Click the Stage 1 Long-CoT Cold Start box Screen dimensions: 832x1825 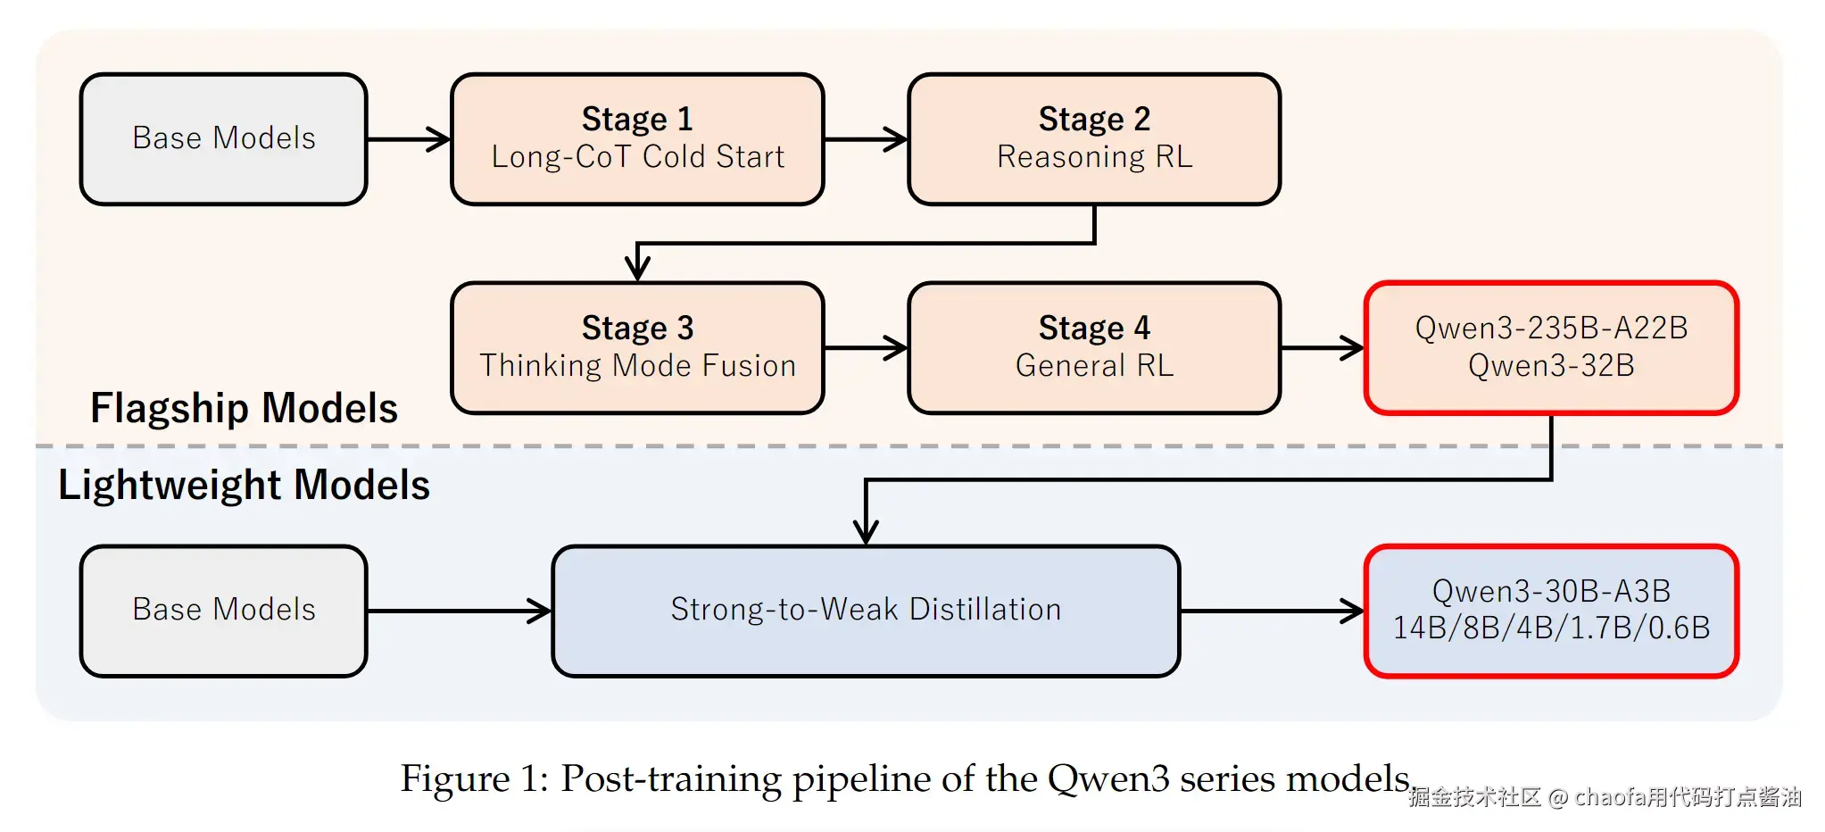[x=637, y=139]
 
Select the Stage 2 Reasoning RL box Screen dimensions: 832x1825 [x=1094, y=139]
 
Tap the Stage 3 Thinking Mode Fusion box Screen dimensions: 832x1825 [x=637, y=348]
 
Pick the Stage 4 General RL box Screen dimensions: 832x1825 [x=1094, y=348]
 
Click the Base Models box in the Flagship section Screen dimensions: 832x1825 [x=223, y=139]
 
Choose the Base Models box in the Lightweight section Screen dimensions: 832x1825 [x=223, y=611]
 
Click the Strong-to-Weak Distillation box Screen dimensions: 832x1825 [x=866, y=611]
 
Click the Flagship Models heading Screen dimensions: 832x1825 [x=244, y=409]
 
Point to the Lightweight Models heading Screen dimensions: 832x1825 [x=244, y=486]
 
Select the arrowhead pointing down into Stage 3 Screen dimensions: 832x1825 [x=637, y=268]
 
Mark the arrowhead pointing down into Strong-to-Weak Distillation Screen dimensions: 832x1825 [x=866, y=532]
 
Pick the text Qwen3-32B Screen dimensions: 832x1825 [x=1551, y=366]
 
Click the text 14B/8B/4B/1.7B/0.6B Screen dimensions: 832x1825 [x=1551, y=628]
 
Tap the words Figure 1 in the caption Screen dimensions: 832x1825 [x=473, y=778]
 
